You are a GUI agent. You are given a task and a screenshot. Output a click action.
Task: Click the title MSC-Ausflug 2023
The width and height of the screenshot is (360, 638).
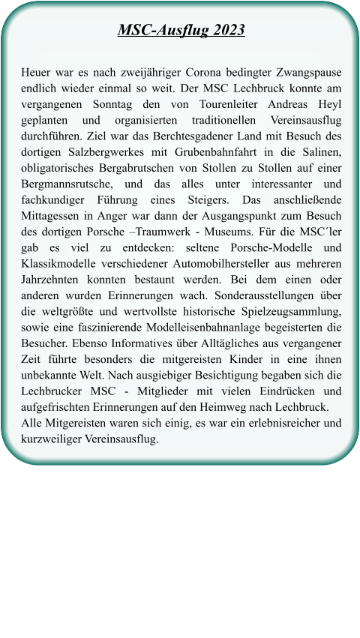point(181,31)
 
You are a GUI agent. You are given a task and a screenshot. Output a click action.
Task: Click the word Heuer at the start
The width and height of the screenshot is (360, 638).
point(37,73)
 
